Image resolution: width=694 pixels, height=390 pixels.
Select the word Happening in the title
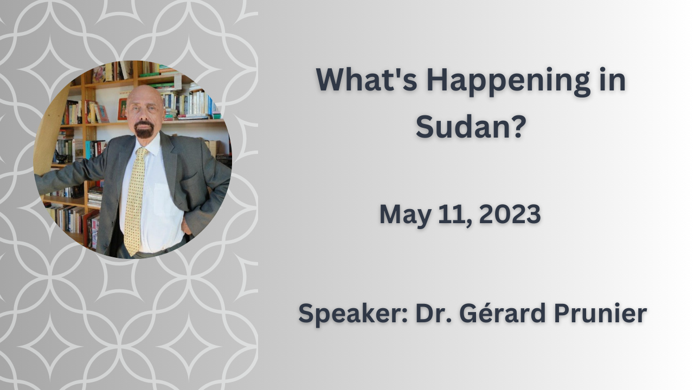click(x=509, y=82)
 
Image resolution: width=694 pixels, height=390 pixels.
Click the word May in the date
click(x=405, y=215)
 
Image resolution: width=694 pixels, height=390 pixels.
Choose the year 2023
click(x=510, y=214)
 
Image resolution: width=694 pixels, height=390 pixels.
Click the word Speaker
click(x=352, y=314)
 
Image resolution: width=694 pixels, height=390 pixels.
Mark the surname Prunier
click(x=600, y=313)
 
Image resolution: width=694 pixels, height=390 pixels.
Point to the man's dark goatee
click(x=144, y=129)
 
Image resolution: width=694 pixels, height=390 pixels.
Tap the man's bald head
click(x=144, y=94)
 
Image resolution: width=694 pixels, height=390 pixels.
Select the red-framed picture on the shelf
click(x=122, y=109)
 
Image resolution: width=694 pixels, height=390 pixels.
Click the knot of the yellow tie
click(x=142, y=153)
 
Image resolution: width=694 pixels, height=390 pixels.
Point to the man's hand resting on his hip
click(x=186, y=226)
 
